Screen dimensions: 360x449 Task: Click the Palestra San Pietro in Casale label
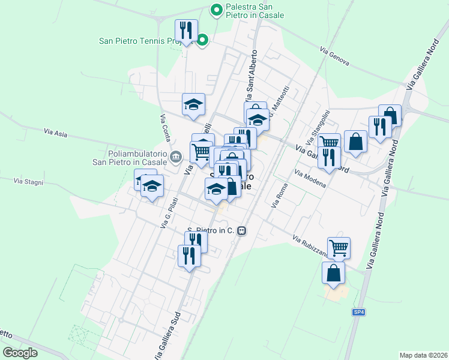coord(255,11)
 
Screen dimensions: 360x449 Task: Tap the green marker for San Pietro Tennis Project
coord(203,41)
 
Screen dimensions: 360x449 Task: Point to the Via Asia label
coord(55,133)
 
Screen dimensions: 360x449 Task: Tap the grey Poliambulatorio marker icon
coord(175,158)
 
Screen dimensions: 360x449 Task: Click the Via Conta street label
coord(165,128)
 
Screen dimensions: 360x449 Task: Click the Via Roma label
coord(279,196)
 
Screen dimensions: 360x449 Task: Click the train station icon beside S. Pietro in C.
coord(241,230)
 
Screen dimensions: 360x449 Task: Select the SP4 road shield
coord(358,312)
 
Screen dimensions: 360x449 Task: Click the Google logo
coord(20,352)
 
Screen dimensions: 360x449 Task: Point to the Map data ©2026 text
coord(423,355)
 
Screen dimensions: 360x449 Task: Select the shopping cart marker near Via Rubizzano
coord(339,247)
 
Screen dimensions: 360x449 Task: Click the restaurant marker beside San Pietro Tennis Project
coord(186,30)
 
